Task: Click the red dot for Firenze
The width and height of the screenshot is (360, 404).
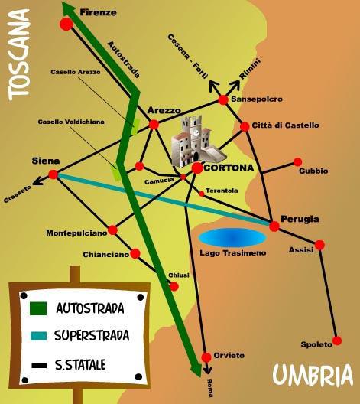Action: [x=66, y=24]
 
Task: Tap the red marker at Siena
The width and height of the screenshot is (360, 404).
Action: [x=54, y=174]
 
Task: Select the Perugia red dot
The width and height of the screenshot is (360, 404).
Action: [x=274, y=226]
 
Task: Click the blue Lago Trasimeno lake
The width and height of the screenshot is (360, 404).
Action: [x=232, y=238]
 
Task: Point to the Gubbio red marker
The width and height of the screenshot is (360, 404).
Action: [x=298, y=162]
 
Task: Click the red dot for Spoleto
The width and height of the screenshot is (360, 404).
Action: [x=337, y=340]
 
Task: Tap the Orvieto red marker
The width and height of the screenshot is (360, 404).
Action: [x=206, y=357]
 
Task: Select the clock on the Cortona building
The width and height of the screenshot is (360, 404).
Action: [x=196, y=133]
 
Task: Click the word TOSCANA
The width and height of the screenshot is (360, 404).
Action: [x=19, y=55]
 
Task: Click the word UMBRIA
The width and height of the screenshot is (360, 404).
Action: [x=313, y=375]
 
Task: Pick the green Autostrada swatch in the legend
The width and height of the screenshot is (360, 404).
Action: [x=38, y=308]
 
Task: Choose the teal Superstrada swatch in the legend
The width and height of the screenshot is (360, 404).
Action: [x=39, y=336]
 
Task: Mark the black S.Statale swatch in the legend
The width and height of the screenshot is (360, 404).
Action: [x=39, y=365]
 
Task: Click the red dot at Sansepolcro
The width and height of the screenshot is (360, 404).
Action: [x=223, y=99]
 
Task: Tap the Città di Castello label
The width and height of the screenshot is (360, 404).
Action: [x=285, y=125]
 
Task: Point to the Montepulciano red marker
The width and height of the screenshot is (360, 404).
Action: [x=112, y=230]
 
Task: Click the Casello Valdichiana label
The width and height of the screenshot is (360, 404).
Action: [x=71, y=122]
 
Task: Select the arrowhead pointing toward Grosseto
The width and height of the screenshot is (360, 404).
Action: [x=37, y=182]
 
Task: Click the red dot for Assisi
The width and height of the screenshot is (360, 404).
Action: [x=319, y=245]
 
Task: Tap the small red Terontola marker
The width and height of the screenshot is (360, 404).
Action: [x=202, y=194]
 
